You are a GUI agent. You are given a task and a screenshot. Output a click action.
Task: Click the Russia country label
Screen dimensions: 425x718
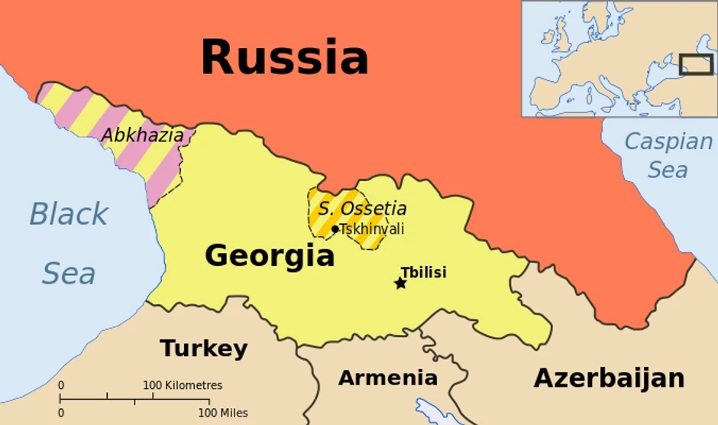click(284, 58)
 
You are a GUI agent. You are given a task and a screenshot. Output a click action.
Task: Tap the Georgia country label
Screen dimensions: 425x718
click(270, 255)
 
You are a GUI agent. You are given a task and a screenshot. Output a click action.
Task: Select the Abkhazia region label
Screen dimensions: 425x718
click(143, 135)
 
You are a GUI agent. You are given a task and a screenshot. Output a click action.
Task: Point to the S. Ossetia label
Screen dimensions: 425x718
click(362, 208)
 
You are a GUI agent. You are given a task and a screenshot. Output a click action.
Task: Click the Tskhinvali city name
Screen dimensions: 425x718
click(372, 229)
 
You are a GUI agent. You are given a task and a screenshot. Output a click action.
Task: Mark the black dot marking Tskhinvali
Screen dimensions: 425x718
click(335, 229)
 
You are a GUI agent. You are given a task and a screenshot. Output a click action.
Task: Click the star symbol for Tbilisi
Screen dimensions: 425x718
click(400, 284)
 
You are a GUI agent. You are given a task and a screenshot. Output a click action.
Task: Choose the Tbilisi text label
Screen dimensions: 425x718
click(423, 272)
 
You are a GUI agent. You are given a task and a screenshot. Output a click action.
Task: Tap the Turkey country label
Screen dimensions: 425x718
click(203, 349)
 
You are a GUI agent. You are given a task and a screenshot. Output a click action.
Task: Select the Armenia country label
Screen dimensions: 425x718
click(388, 378)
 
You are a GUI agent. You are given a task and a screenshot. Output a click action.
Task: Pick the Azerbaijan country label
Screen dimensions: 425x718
click(609, 378)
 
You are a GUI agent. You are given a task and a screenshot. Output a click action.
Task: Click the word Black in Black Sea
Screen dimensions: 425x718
click(69, 215)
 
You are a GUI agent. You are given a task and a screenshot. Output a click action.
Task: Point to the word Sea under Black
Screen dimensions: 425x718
click(69, 273)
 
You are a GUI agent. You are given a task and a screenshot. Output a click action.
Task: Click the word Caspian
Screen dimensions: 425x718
click(668, 141)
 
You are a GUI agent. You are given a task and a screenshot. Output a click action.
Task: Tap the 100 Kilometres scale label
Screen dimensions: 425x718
click(183, 385)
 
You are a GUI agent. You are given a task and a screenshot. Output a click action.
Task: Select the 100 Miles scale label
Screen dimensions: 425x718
click(223, 413)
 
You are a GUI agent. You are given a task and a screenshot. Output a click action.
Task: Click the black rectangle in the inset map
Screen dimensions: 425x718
click(696, 64)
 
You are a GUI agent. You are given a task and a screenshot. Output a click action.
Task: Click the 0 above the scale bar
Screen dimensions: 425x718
click(61, 385)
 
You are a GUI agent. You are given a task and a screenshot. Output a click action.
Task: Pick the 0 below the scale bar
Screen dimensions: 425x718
click(61, 413)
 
